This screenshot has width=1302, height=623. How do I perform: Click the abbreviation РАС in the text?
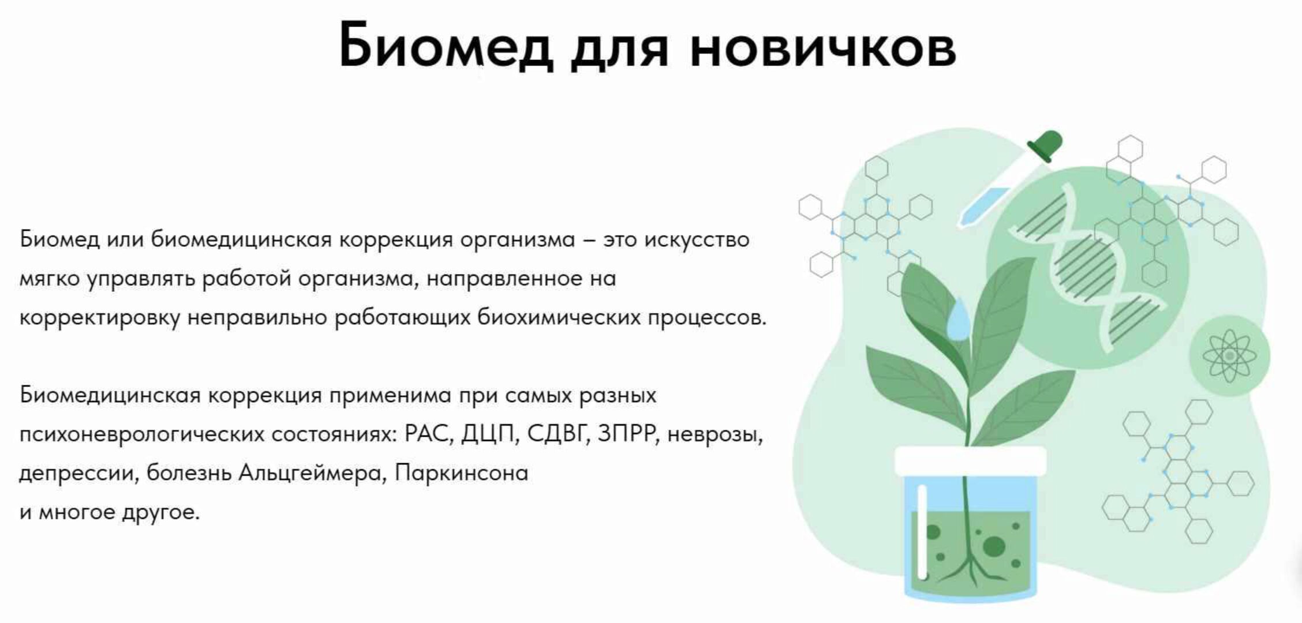point(427,434)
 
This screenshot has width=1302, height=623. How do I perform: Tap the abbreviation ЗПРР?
point(628,434)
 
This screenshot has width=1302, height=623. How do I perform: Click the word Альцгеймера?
point(311,473)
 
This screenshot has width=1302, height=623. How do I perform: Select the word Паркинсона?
point(462,473)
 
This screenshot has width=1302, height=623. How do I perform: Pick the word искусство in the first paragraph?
point(697,239)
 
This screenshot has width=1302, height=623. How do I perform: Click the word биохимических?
point(559,317)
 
